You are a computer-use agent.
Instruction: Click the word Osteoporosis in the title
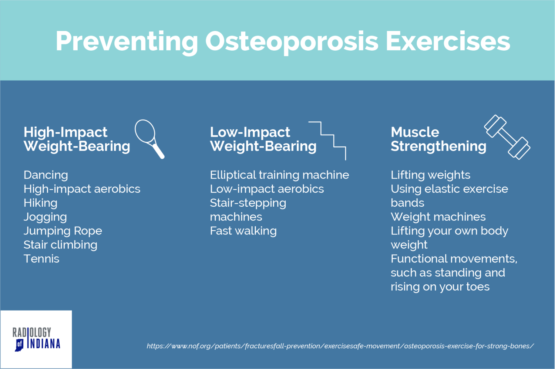(292, 41)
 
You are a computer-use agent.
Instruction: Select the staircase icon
(328, 140)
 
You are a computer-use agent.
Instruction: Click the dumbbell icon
(507, 137)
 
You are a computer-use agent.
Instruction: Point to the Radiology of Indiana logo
(36, 339)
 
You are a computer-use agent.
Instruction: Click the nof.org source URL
(340, 346)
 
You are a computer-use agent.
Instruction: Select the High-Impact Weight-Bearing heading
(77, 139)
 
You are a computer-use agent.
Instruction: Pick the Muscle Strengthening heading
(438, 139)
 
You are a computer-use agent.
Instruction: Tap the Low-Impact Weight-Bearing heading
(263, 139)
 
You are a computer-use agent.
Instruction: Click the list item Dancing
(46, 175)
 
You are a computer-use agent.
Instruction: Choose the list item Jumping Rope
(63, 231)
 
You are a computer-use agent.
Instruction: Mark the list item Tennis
(41, 259)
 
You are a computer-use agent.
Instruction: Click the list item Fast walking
(243, 231)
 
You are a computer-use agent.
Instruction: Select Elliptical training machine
(279, 175)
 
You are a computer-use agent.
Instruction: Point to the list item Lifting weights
(430, 175)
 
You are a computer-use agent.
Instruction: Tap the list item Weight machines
(438, 217)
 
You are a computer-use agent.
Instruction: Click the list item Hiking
(40, 203)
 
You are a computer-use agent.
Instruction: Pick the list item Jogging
(45, 217)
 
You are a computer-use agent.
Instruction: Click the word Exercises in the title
(448, 41)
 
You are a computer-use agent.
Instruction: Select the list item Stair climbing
(60, 245)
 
